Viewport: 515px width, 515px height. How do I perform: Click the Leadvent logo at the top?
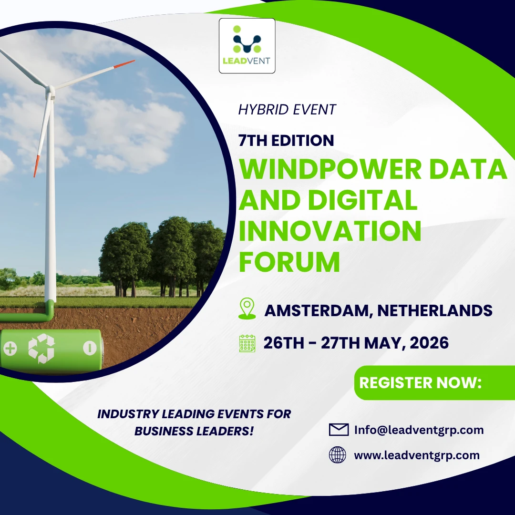247,46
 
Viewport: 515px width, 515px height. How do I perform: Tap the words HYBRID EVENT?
287,110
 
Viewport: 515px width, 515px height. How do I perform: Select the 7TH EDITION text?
286,140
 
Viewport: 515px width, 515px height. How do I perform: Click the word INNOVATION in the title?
330,231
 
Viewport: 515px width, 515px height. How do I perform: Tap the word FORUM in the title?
289,262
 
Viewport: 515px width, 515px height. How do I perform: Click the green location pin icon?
247,309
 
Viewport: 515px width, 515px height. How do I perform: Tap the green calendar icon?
247,343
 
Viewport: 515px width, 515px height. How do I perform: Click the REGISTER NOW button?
434,382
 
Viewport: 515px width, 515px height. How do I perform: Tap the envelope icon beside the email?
339,430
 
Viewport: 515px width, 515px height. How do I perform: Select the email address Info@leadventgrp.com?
419,430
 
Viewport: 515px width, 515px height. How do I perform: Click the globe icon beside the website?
338,455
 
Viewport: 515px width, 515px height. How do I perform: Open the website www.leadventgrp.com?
417,455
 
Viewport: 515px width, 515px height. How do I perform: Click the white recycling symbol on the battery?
41,349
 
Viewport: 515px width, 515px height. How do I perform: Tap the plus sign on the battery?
10,349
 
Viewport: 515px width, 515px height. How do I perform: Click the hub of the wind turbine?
50,89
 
